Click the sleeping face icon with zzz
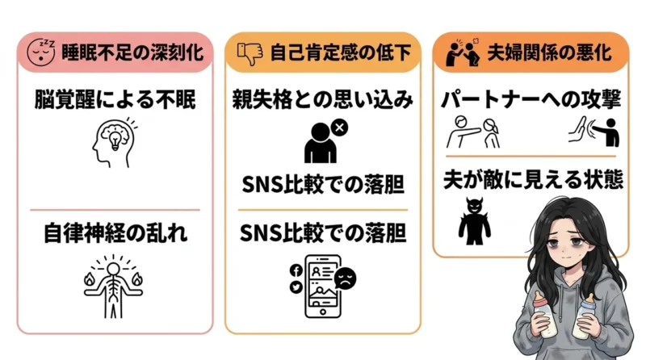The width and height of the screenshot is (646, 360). (x=41, y=52)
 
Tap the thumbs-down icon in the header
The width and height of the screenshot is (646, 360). (x=250, y=53)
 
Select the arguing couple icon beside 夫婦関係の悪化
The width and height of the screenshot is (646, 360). (x=464, y=52)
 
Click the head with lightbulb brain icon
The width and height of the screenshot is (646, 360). (x=114, y=142)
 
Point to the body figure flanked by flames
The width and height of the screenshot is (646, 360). (x=113, y=287)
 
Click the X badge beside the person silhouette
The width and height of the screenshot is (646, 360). (x=339, y=128)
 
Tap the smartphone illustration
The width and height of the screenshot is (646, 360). (x=322, y=287)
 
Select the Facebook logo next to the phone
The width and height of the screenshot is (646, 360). (x=296, y=270)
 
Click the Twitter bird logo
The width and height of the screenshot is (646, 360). (x=296, y=287)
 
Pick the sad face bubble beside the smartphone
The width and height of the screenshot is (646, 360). (x=346, y=278)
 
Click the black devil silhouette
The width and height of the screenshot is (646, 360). (x=474, y=221)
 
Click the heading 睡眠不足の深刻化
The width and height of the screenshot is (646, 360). (x=132, y=52)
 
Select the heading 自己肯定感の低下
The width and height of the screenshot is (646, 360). (x=341, y=52)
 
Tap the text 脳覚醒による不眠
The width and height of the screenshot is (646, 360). (x=115, y=99)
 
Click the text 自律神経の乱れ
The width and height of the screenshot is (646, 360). (x=115, y=232)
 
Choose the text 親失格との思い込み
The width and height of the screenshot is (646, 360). (x=322, y=99)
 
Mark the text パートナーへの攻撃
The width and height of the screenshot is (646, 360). (x=531, y=99)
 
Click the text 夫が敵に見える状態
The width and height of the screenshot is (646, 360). (x=533, y=179)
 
